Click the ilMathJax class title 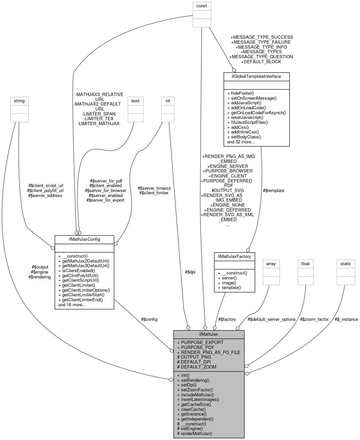(209, 334)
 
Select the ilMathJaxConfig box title (84, 239)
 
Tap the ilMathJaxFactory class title (234, 256)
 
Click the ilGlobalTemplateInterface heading (257, 76)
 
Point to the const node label (201, 6)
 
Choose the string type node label (19, 101)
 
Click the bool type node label (135, 101)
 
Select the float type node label (305, 264)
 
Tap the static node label (345, 264)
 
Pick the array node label (271, 264)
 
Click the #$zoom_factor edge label (314, 319)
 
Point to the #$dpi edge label (190, 272)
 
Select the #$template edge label (273, 190)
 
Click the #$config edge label (149, 319)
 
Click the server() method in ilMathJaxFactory (227, 278)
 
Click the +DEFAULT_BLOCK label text (261, 62)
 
